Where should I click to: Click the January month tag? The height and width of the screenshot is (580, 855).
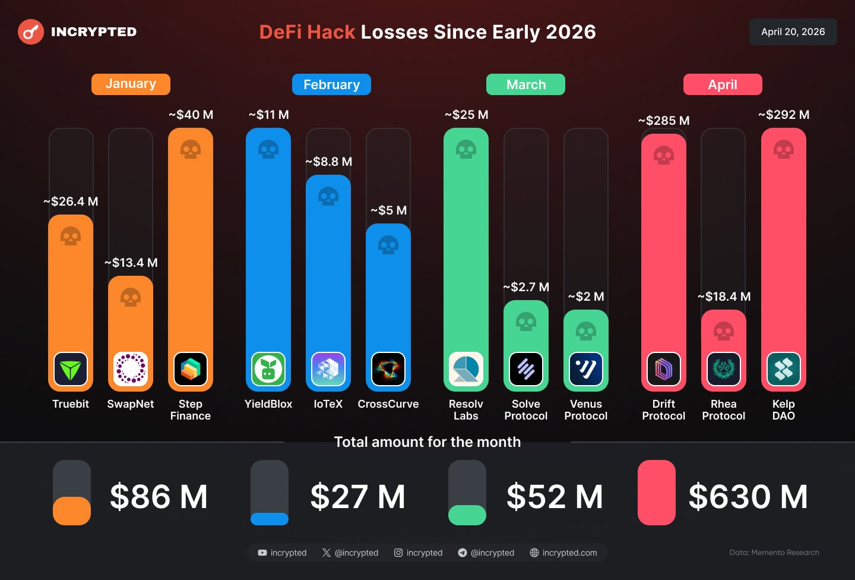click(131, 84)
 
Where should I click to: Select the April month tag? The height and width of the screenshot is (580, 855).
click(723, 84)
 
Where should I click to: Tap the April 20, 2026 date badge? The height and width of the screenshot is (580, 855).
click(793, 32)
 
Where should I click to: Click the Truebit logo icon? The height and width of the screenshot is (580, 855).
click(71, 369)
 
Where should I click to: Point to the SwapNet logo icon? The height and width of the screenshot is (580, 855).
click(131, 369)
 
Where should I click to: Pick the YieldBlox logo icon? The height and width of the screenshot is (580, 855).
click(268, 369)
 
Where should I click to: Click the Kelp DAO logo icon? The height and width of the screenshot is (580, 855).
click(784, 369)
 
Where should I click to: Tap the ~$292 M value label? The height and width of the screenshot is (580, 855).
click(784, 115)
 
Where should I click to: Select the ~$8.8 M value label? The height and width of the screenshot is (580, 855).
click(328, 162)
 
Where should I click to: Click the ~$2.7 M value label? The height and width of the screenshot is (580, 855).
click(526, 287)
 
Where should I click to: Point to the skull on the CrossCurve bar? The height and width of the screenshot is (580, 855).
click(388, 245)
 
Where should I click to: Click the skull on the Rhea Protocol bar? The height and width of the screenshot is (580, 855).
click(724, 331)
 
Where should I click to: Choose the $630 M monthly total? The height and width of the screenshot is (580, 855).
click(748, 497)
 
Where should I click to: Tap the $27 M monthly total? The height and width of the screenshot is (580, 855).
click(357, 497)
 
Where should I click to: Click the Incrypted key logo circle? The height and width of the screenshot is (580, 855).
click(31, 32)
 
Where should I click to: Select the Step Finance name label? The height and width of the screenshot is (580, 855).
click(191, 410)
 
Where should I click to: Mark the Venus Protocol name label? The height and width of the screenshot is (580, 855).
click(586, 410)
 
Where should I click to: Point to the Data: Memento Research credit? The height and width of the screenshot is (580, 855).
click(774, 553)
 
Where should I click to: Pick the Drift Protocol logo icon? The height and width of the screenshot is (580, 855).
click(664, 369)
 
